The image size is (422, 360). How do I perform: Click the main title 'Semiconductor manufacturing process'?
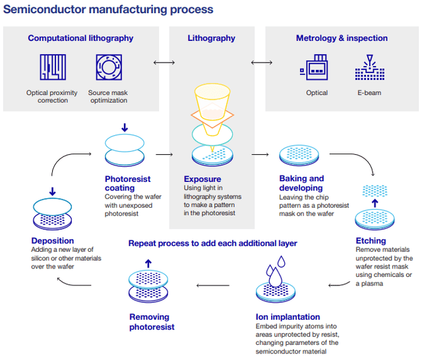109,10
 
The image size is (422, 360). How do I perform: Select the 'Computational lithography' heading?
80,38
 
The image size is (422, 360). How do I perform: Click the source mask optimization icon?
108,68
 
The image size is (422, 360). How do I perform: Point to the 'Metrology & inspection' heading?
342,38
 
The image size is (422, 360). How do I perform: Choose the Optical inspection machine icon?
316,69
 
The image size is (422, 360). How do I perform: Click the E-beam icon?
369,68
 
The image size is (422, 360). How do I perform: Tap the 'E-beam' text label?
369,93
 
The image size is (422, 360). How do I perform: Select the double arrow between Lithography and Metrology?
262,63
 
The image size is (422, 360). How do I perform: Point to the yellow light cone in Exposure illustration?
210,102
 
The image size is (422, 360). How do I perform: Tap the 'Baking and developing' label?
301,183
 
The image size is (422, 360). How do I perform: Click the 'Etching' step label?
371,241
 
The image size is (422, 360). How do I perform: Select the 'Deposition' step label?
53,241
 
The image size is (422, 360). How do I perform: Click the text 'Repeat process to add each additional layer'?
212,243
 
